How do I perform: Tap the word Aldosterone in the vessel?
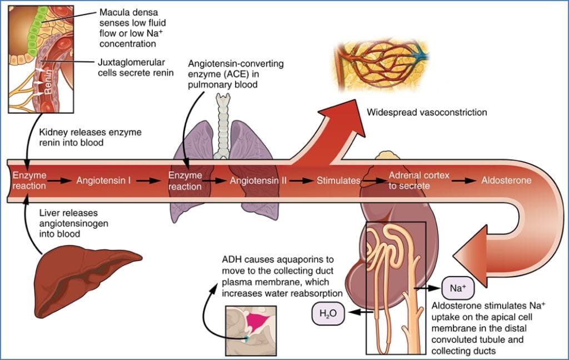[x=506, y=181]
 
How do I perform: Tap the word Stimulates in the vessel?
[x=338, y=181]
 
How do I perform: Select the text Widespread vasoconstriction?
[x=427, y=113]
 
